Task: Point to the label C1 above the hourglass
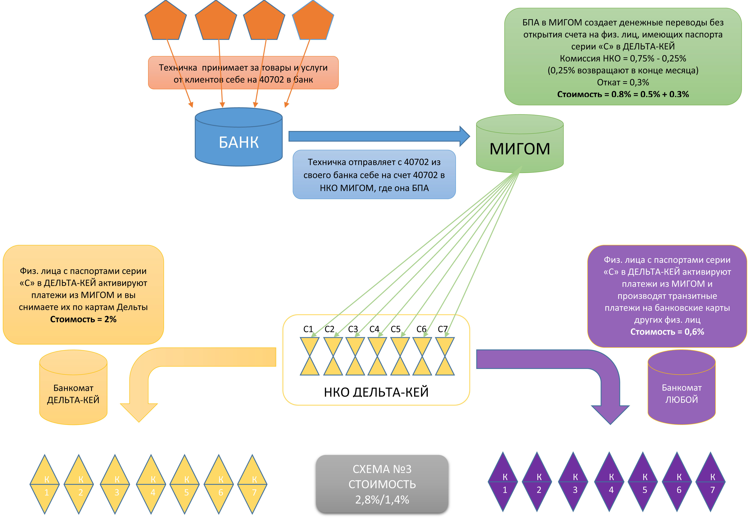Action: pos(308,329)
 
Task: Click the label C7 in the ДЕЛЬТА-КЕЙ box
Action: pos(442,329)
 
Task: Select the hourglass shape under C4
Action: pos(377,356)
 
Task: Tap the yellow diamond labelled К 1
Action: pos(45,484)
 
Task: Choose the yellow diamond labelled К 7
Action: pos(252,484)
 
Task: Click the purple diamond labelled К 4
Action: pos(609,482)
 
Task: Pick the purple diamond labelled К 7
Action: pos(710,482)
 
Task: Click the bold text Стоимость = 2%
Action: pos(83,319)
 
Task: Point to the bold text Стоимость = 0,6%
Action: pos(667,332)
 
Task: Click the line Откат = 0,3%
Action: pos(622,82)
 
